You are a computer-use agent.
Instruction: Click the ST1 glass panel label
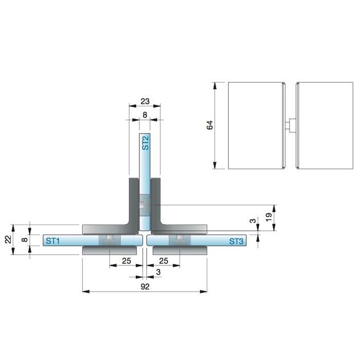52,241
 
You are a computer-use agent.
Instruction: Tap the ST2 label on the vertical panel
145,143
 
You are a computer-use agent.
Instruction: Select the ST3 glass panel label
236,241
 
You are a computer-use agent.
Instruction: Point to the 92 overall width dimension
145,286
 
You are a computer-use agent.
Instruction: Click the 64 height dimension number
210,125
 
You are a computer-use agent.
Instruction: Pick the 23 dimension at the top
145,101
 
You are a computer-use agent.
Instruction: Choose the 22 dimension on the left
8,240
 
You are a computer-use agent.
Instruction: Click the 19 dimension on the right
268,217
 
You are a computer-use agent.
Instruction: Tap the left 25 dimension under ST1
127,261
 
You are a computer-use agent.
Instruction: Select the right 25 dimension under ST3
164,261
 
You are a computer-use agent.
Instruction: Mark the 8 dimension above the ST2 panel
145,115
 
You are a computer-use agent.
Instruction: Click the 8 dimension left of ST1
25,240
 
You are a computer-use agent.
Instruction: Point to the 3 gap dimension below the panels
158,272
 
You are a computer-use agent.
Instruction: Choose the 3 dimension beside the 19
253,221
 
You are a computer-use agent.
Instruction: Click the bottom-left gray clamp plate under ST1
110,250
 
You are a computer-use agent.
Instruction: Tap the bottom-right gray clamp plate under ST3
180,250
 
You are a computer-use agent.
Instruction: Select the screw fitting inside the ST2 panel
145,205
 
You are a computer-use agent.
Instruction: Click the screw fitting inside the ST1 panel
110,240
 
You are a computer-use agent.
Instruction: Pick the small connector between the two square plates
291,125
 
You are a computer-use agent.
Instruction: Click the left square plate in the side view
257,125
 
